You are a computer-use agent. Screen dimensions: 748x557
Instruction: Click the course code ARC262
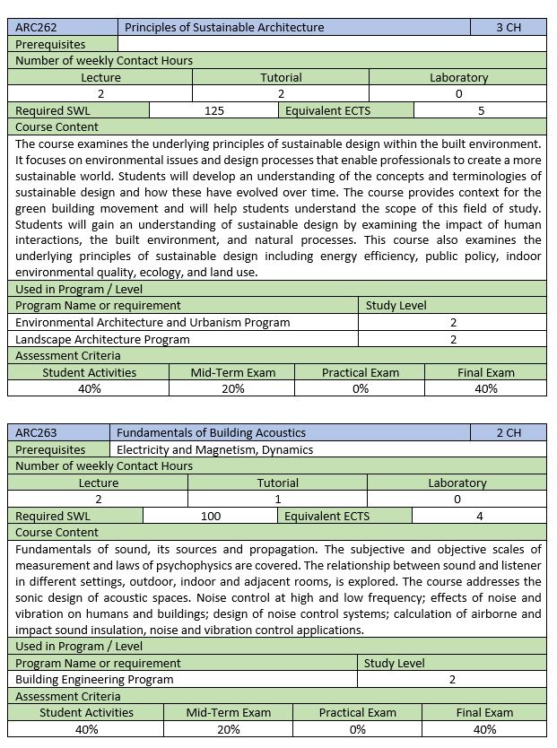36,28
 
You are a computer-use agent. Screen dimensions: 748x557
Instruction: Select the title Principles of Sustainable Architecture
224,28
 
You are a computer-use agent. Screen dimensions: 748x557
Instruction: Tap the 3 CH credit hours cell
508,28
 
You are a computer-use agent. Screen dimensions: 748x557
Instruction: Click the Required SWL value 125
214,110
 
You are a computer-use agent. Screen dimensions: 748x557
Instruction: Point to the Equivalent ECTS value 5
481,110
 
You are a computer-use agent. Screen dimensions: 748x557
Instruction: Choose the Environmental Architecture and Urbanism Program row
153,322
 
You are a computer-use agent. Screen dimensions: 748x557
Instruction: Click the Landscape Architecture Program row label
103,339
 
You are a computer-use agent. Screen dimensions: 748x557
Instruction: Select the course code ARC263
36,432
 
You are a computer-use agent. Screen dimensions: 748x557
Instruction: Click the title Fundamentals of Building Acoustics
211,432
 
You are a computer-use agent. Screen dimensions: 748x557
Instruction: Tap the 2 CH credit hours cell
509,432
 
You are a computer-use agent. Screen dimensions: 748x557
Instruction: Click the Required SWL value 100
211,516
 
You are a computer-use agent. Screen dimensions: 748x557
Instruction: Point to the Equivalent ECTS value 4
480,516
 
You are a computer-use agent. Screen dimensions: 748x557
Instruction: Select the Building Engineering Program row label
95,679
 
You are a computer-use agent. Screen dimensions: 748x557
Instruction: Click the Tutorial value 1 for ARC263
278,499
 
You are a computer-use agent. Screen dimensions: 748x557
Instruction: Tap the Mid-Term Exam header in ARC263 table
229,712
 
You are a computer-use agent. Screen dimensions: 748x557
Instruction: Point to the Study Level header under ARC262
396,306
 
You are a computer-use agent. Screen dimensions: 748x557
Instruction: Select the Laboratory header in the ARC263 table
457,483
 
